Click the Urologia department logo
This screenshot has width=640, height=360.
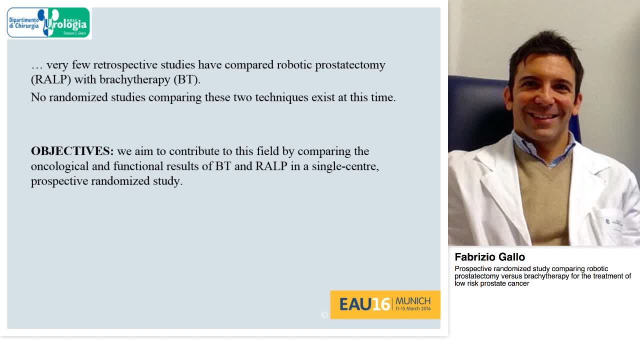49,23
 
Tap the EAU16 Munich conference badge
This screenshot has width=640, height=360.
385,304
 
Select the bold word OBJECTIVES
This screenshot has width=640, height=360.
72,151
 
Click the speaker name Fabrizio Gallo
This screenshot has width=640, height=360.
489,257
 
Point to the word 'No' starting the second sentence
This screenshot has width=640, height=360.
38,97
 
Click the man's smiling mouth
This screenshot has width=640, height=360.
543,116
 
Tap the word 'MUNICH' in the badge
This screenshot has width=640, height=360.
413,300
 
